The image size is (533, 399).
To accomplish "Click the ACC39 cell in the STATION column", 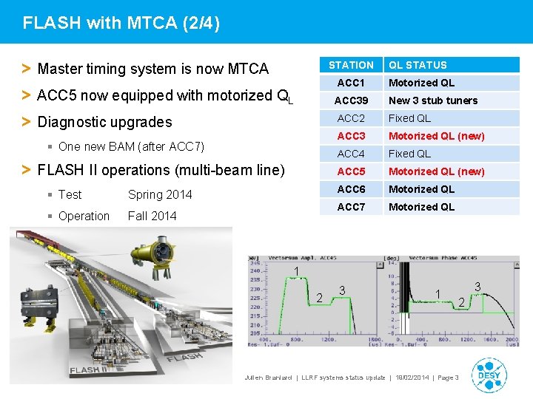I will tap(351, 100).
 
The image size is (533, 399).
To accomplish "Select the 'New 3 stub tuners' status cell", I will tap(433, 100).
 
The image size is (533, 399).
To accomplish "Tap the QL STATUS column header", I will tap(418, 65).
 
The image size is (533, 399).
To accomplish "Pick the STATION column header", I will tap(351, 65).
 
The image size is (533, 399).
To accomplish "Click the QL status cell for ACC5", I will tap(436, 171).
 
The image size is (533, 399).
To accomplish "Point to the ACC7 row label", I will tap(351, 207).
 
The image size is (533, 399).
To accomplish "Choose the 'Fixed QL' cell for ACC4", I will tap(409, 154).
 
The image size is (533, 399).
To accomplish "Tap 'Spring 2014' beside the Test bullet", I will tap(160, 194).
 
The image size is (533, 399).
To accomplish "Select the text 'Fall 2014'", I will tap(152, 216).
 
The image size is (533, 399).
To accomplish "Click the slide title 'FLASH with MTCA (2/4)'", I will tap(121, 23).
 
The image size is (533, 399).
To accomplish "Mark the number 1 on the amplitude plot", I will tap(296, 273).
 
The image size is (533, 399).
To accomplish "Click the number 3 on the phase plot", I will tap(477, 286).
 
